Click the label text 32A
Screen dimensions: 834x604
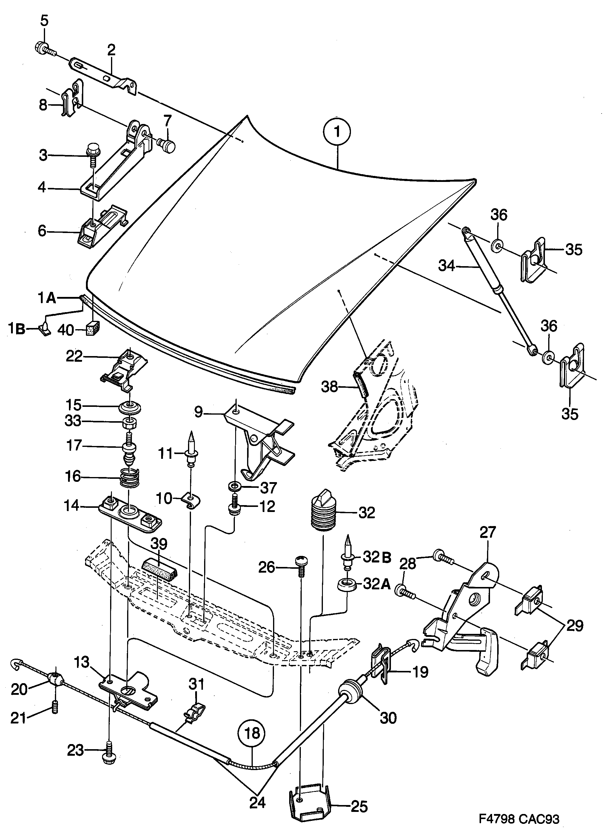376,584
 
